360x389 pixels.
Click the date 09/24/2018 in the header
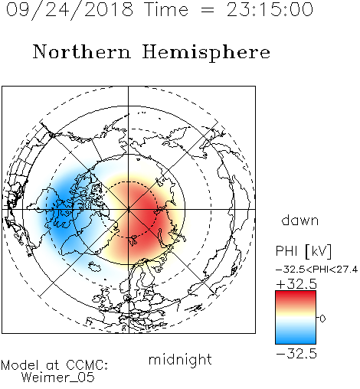(x=70, y=9)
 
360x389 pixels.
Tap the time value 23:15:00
(x=270, y=9)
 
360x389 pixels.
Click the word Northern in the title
(x=82, y=52)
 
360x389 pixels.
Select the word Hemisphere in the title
(x=206, y=52)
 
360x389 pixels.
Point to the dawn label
(x=300, y=220)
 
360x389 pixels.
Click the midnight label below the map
(x=180, y=360)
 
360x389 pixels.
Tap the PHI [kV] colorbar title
(x=303, y=251)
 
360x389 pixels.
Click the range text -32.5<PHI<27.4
(x=316, y=270)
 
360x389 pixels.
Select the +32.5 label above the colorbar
(x=296, y=284)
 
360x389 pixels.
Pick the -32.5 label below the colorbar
(x=296, y=354)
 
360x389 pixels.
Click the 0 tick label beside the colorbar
(x=322, y=319)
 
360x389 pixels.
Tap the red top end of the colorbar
(x=296, y=293)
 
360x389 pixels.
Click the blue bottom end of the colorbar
(x=296, y=341)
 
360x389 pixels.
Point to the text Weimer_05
(x=58, y=378)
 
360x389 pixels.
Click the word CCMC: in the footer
(x=87, y=365)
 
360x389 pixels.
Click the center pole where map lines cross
(x=129, y=209)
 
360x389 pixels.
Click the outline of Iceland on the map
(x=95, y=266)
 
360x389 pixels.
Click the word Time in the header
(x=166, y=9)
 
